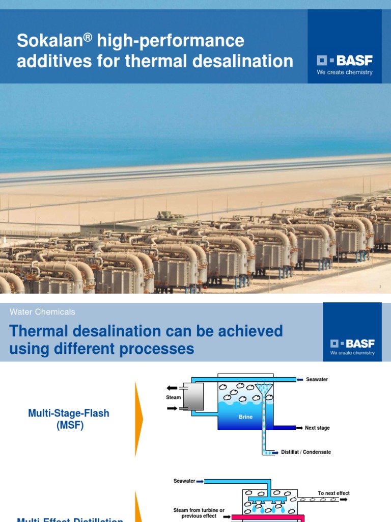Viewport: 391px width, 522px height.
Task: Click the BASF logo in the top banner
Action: point(345,61)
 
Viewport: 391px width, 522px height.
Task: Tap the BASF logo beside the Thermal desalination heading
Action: point(352,344)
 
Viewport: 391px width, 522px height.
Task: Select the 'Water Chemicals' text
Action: point(42,311)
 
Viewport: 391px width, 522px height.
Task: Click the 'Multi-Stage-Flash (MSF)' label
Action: point(69,419)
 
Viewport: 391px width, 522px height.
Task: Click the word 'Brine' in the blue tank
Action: point(245,417)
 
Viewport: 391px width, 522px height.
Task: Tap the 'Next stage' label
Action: point(317,428)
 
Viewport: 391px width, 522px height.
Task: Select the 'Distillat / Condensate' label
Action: point(306,452)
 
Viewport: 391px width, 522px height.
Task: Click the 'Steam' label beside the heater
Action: point(173,397)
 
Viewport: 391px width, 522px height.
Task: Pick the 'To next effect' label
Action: point(333,493)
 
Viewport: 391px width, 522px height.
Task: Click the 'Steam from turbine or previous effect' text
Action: point(199,513)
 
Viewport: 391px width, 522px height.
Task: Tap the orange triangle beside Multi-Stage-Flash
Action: point(138,419)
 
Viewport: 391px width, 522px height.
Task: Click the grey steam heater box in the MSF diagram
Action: point(193,397)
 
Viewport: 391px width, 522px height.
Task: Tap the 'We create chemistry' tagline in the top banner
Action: point(345,72)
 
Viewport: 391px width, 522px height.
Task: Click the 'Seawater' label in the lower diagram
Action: point(184,481)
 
